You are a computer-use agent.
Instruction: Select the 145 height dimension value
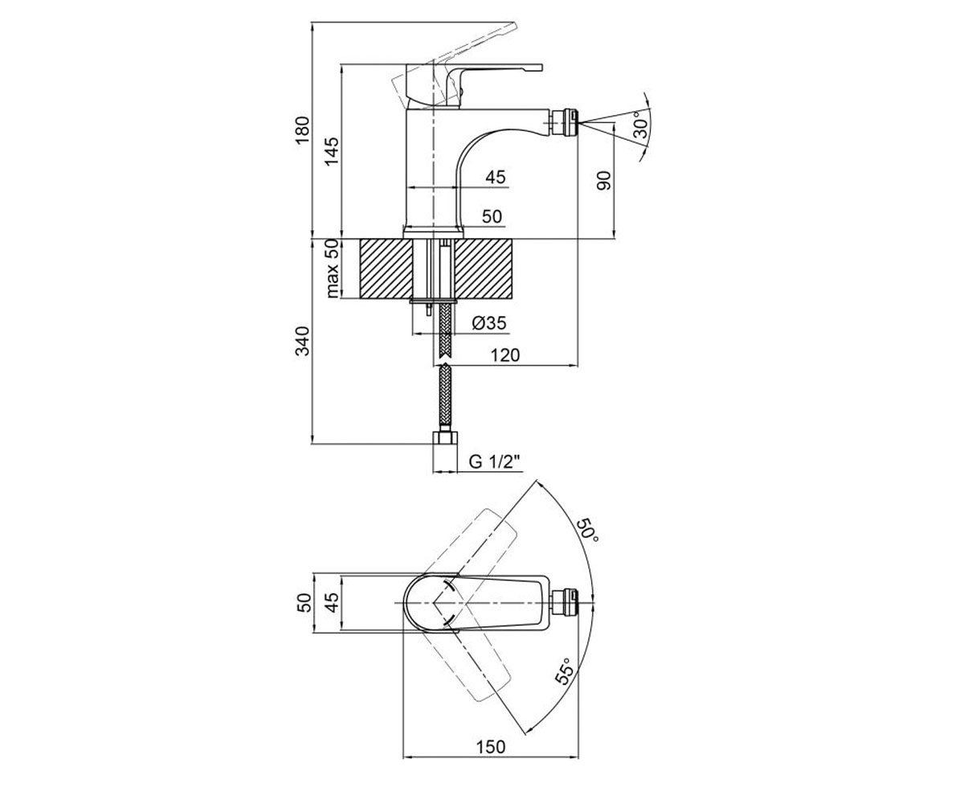click(331, 152)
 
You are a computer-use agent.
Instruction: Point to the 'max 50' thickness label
click(333, 269)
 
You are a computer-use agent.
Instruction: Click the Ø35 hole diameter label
click(489, 323)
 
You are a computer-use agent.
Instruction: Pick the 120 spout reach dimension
click(504, 355)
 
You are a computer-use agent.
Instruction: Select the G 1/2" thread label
click(495, 461)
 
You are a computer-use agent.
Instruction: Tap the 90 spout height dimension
click(604, 180)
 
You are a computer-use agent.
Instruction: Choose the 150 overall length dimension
click(490, 734)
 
